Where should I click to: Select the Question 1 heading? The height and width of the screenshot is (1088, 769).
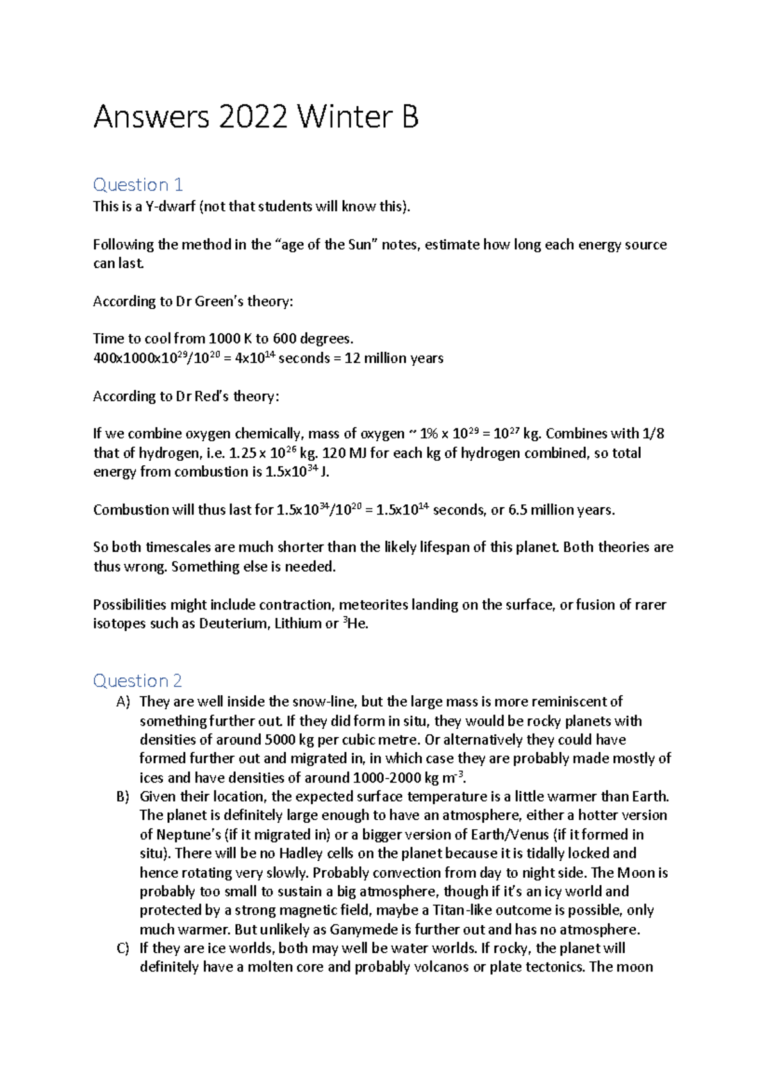pos(138,185)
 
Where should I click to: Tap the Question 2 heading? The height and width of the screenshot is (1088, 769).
pos(138,680)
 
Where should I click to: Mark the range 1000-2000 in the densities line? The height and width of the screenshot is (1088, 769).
pos(386,778)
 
